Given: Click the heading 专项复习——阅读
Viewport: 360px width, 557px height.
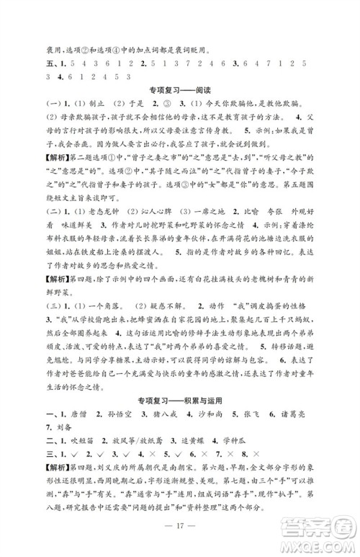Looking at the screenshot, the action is pyautogui.click(x=180, y=91).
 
